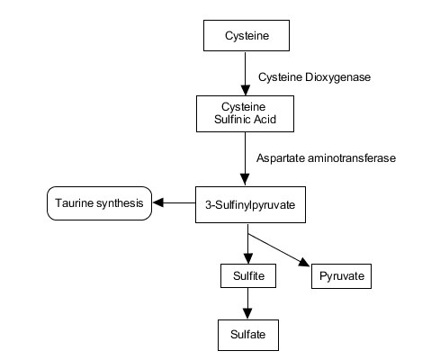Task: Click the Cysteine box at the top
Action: (247, 35)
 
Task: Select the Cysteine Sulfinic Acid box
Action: (245, 113)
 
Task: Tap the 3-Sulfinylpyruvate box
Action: (250, 204)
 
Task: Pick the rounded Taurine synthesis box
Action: (99, 203)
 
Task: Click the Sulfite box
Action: (248, 275)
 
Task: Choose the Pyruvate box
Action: (341, 276)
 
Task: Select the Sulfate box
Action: (248, 335)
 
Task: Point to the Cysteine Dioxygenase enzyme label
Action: (314, 77)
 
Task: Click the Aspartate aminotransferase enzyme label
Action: (326, 158)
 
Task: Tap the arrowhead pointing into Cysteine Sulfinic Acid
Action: (246, 90)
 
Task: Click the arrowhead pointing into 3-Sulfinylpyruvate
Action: (245, 179)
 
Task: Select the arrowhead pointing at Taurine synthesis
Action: (158, 202)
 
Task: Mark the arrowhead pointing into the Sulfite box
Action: (248, 258)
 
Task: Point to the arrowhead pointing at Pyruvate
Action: (304, 262)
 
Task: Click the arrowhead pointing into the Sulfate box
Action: (247, 313)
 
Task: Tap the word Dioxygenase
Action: (337, 77)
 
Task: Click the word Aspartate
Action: (281, 158)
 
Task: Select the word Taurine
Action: (74, 203)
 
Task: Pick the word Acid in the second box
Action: (265, 120)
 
